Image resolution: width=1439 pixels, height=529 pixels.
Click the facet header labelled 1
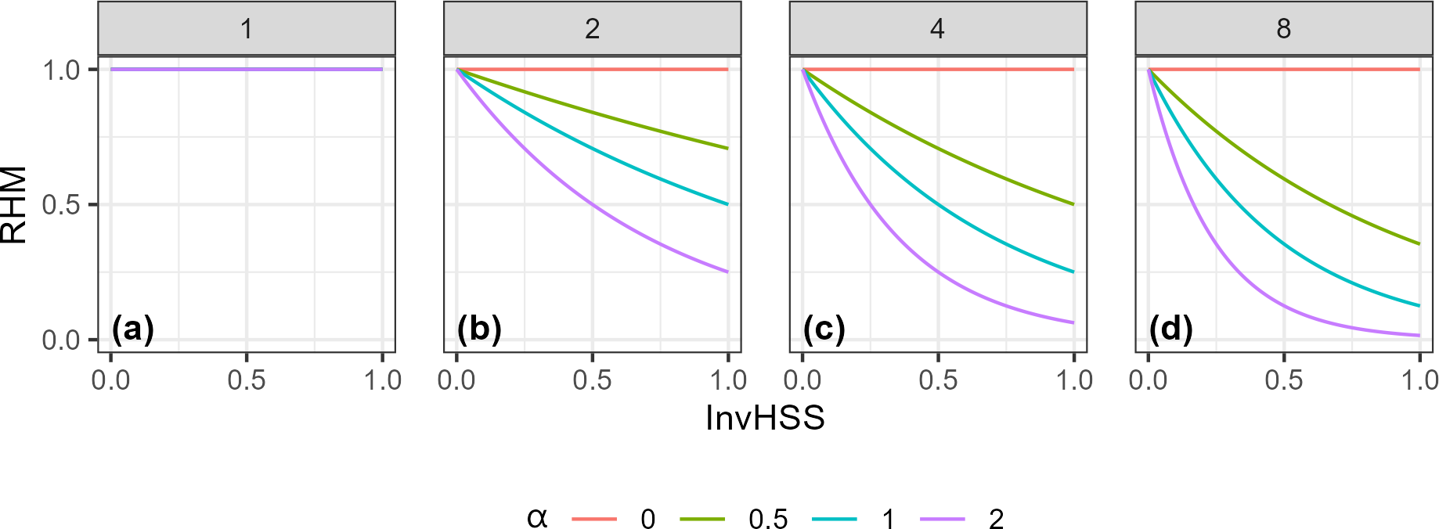[x=247, y=29]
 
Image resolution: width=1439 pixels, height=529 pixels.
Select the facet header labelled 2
[x=592, y=29]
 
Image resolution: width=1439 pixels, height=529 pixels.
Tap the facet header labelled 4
[x=937, y=29]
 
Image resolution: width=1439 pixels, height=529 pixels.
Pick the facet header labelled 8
[x=1283, y=29]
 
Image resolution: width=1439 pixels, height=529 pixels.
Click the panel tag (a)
[x=132, y=329]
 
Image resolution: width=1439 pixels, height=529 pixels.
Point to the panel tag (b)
[x=478, y=329]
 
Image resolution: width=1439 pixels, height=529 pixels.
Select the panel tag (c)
[x=824, y=329]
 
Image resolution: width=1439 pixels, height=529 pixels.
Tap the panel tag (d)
[x=1170, y=329]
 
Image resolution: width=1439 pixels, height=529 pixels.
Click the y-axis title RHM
[x=14, y=205]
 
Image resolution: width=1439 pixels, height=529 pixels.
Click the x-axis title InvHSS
[x=765, y=418]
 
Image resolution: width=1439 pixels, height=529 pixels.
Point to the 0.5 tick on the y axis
[x=61, y=205]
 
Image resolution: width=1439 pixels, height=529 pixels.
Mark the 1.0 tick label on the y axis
[x=61, y=70]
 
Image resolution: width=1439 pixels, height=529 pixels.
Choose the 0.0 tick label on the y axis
[x=61, y=340]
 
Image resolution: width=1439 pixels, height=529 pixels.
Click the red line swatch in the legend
[x=594, y=519]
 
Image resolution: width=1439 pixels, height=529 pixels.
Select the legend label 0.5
[x=767, y=519]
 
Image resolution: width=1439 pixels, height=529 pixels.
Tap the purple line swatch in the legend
[x=942, y=519]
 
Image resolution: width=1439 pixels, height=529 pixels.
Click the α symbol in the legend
[x=537, y=517]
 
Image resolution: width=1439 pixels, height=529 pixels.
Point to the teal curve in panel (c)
[x=938, y=204]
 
